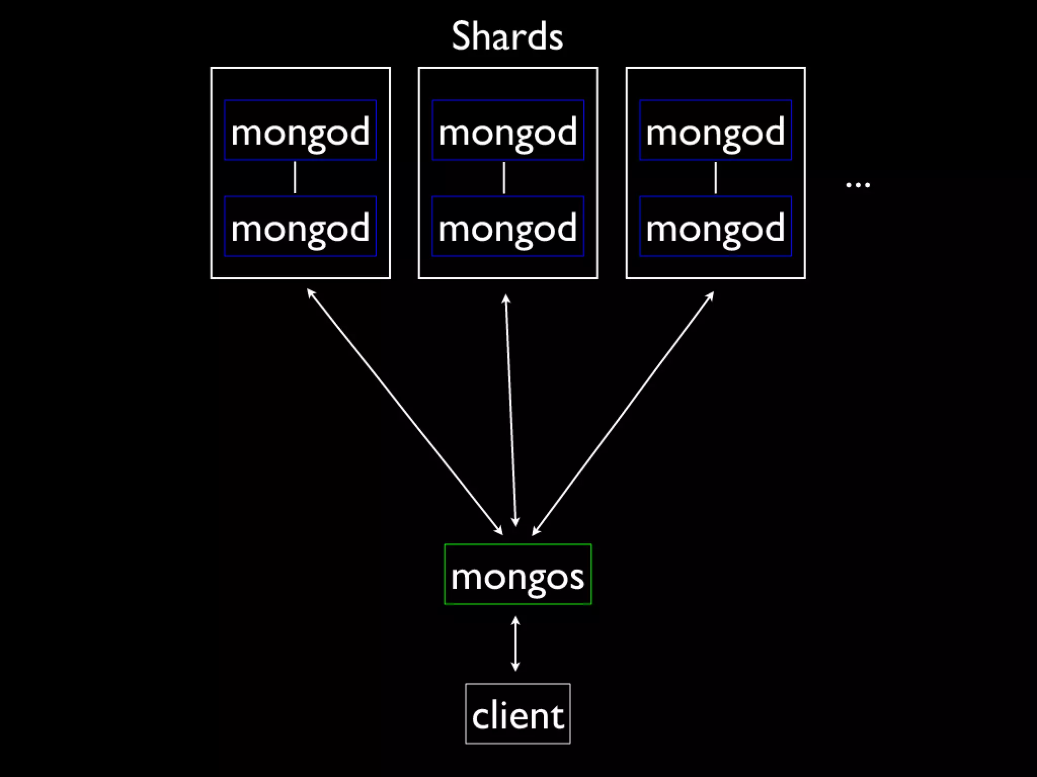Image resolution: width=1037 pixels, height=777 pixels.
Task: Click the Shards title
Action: coord(507,36)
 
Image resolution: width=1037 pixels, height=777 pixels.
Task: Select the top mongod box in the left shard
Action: coord(300,130)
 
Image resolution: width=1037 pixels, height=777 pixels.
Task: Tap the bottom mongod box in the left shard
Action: coord(300,226)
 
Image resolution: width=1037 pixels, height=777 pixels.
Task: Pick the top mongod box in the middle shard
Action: coord(508,130)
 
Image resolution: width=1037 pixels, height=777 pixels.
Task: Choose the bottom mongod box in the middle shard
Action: coord(508,226)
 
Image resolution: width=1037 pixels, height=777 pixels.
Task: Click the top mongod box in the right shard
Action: coord(715,130)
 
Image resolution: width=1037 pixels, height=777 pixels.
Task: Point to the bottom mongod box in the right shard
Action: coord(715,226)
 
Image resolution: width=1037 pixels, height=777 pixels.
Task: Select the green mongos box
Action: coord(517,574)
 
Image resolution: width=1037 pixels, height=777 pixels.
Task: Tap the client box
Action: coord(517,714)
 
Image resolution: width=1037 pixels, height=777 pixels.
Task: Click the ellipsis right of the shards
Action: coord(858,185)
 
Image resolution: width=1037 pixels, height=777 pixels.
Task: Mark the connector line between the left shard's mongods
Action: coord(295,178)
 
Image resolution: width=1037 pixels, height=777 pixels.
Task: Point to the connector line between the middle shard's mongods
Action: coord(504,178)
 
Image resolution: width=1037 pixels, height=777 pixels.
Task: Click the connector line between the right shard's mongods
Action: coord(715,178)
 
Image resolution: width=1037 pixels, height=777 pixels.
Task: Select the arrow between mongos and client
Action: coord(515,643)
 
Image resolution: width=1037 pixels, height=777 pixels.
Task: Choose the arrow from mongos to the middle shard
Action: coord(510,410)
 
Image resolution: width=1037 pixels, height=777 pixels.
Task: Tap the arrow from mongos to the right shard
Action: coord(623,413)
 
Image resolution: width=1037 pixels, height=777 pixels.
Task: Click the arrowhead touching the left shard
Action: coord(310,292)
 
